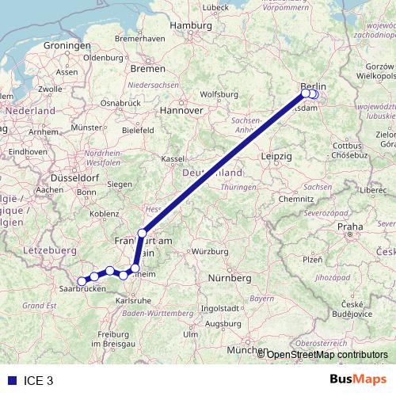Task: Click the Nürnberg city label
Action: point(229,279)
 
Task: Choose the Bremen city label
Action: point(147,69)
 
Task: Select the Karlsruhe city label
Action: point(134,301)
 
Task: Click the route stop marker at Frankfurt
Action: point(143,233)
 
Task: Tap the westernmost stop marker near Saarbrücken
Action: point(82,280)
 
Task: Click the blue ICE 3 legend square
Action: point(10,380)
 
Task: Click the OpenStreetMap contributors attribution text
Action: point(327,355)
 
